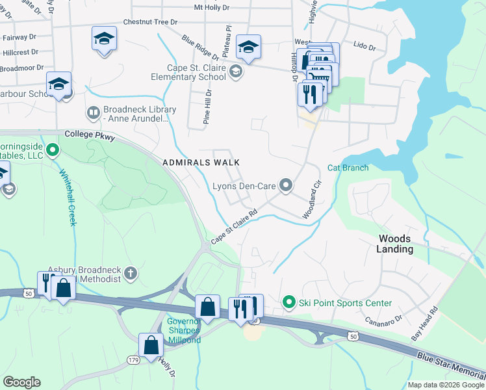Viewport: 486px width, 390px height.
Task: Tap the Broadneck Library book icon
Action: [x=94, y=113]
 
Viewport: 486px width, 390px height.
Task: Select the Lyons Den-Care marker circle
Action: [x=285, y=186]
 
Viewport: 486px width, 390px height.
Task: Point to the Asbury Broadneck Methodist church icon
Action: [x=131, y=273]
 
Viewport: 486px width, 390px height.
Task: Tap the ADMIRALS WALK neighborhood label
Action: [x=201, y=162]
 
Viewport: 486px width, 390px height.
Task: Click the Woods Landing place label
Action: [x=395, y=244]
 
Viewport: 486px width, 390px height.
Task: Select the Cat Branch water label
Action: [x=348, y=168]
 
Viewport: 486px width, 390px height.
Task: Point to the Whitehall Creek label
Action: [x=68, y=198]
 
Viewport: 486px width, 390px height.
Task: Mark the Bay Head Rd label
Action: [x=425, y=325]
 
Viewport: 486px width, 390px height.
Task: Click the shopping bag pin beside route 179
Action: [x=151, y=345]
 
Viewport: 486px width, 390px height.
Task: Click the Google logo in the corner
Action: [x=21, y=382]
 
